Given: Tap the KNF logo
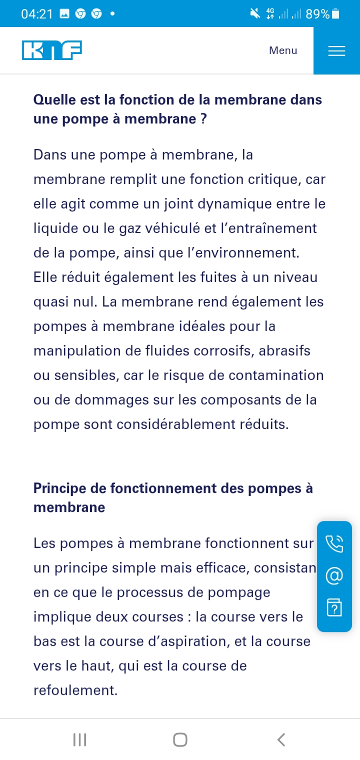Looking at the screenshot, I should (52, 50).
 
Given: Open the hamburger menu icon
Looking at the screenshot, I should (336, 51).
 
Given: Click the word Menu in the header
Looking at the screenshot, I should (283, 50).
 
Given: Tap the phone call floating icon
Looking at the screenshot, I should (334, 543).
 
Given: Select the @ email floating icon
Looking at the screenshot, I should (334, 576).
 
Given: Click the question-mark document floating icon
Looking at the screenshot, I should (334, 607).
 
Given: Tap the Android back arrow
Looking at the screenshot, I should (281, 739).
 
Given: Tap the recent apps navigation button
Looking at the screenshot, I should (79, 739).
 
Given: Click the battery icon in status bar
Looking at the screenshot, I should (335, 14).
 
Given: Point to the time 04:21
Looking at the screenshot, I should (37, 14).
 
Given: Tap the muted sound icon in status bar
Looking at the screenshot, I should (255, 14).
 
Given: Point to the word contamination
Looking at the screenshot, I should (276, 375).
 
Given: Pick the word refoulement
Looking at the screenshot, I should (75, 690).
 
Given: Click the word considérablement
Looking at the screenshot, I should (182, 424).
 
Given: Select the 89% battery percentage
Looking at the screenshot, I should (317, 14).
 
